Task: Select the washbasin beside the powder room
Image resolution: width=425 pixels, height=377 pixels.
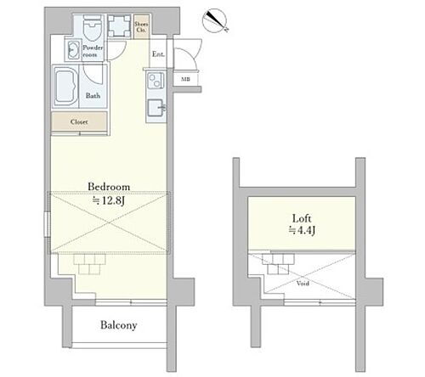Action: (x=71, y=52)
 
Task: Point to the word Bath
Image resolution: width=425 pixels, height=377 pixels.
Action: (x=93, y=96)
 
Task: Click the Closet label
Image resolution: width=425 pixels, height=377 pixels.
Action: (x=79, y=121)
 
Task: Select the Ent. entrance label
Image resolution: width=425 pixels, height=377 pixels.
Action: (x=158, y=55)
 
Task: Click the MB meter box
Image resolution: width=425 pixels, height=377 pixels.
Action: (x=185, y=80)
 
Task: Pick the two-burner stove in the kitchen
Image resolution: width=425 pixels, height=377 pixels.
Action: (x=155, y=82)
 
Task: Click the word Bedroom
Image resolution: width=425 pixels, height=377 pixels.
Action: (x=109, y=186)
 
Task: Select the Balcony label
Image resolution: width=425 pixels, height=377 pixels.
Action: (x=119, y=325)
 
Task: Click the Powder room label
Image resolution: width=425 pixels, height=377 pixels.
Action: (x=92, y=51)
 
